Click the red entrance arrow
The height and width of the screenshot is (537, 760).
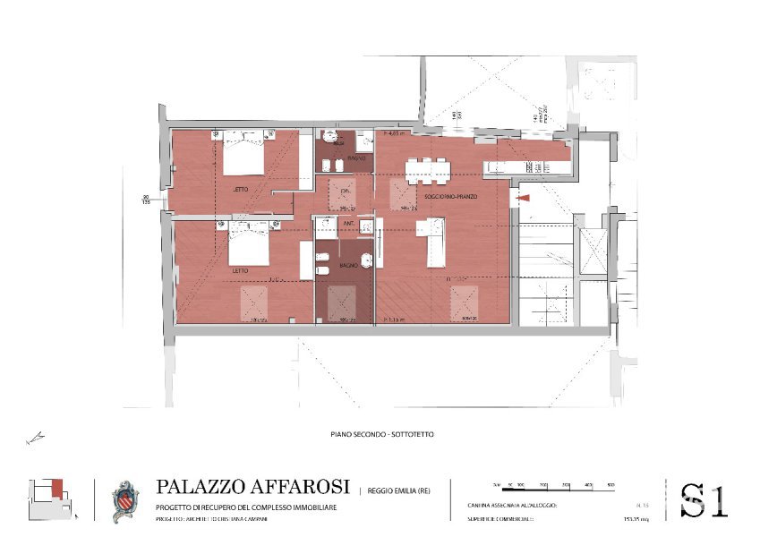click(524, 197)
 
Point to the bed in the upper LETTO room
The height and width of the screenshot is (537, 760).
click(243, 154)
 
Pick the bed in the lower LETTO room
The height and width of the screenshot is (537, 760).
click(248, 243)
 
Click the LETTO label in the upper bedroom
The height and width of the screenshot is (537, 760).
click(241, 189)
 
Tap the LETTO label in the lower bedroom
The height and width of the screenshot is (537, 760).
click(241, 269)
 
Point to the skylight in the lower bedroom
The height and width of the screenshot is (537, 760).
click(254, 304)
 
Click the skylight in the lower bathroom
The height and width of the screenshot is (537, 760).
click(342, 304)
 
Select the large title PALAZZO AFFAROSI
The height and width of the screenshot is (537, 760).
click(252, 487)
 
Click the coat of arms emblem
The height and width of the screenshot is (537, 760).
click(124, 501)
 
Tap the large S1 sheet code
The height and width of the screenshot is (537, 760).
click(704, 500)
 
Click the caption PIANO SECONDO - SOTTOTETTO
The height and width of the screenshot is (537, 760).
click(382, 434)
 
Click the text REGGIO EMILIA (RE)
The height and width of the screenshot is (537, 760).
click(398, 490)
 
